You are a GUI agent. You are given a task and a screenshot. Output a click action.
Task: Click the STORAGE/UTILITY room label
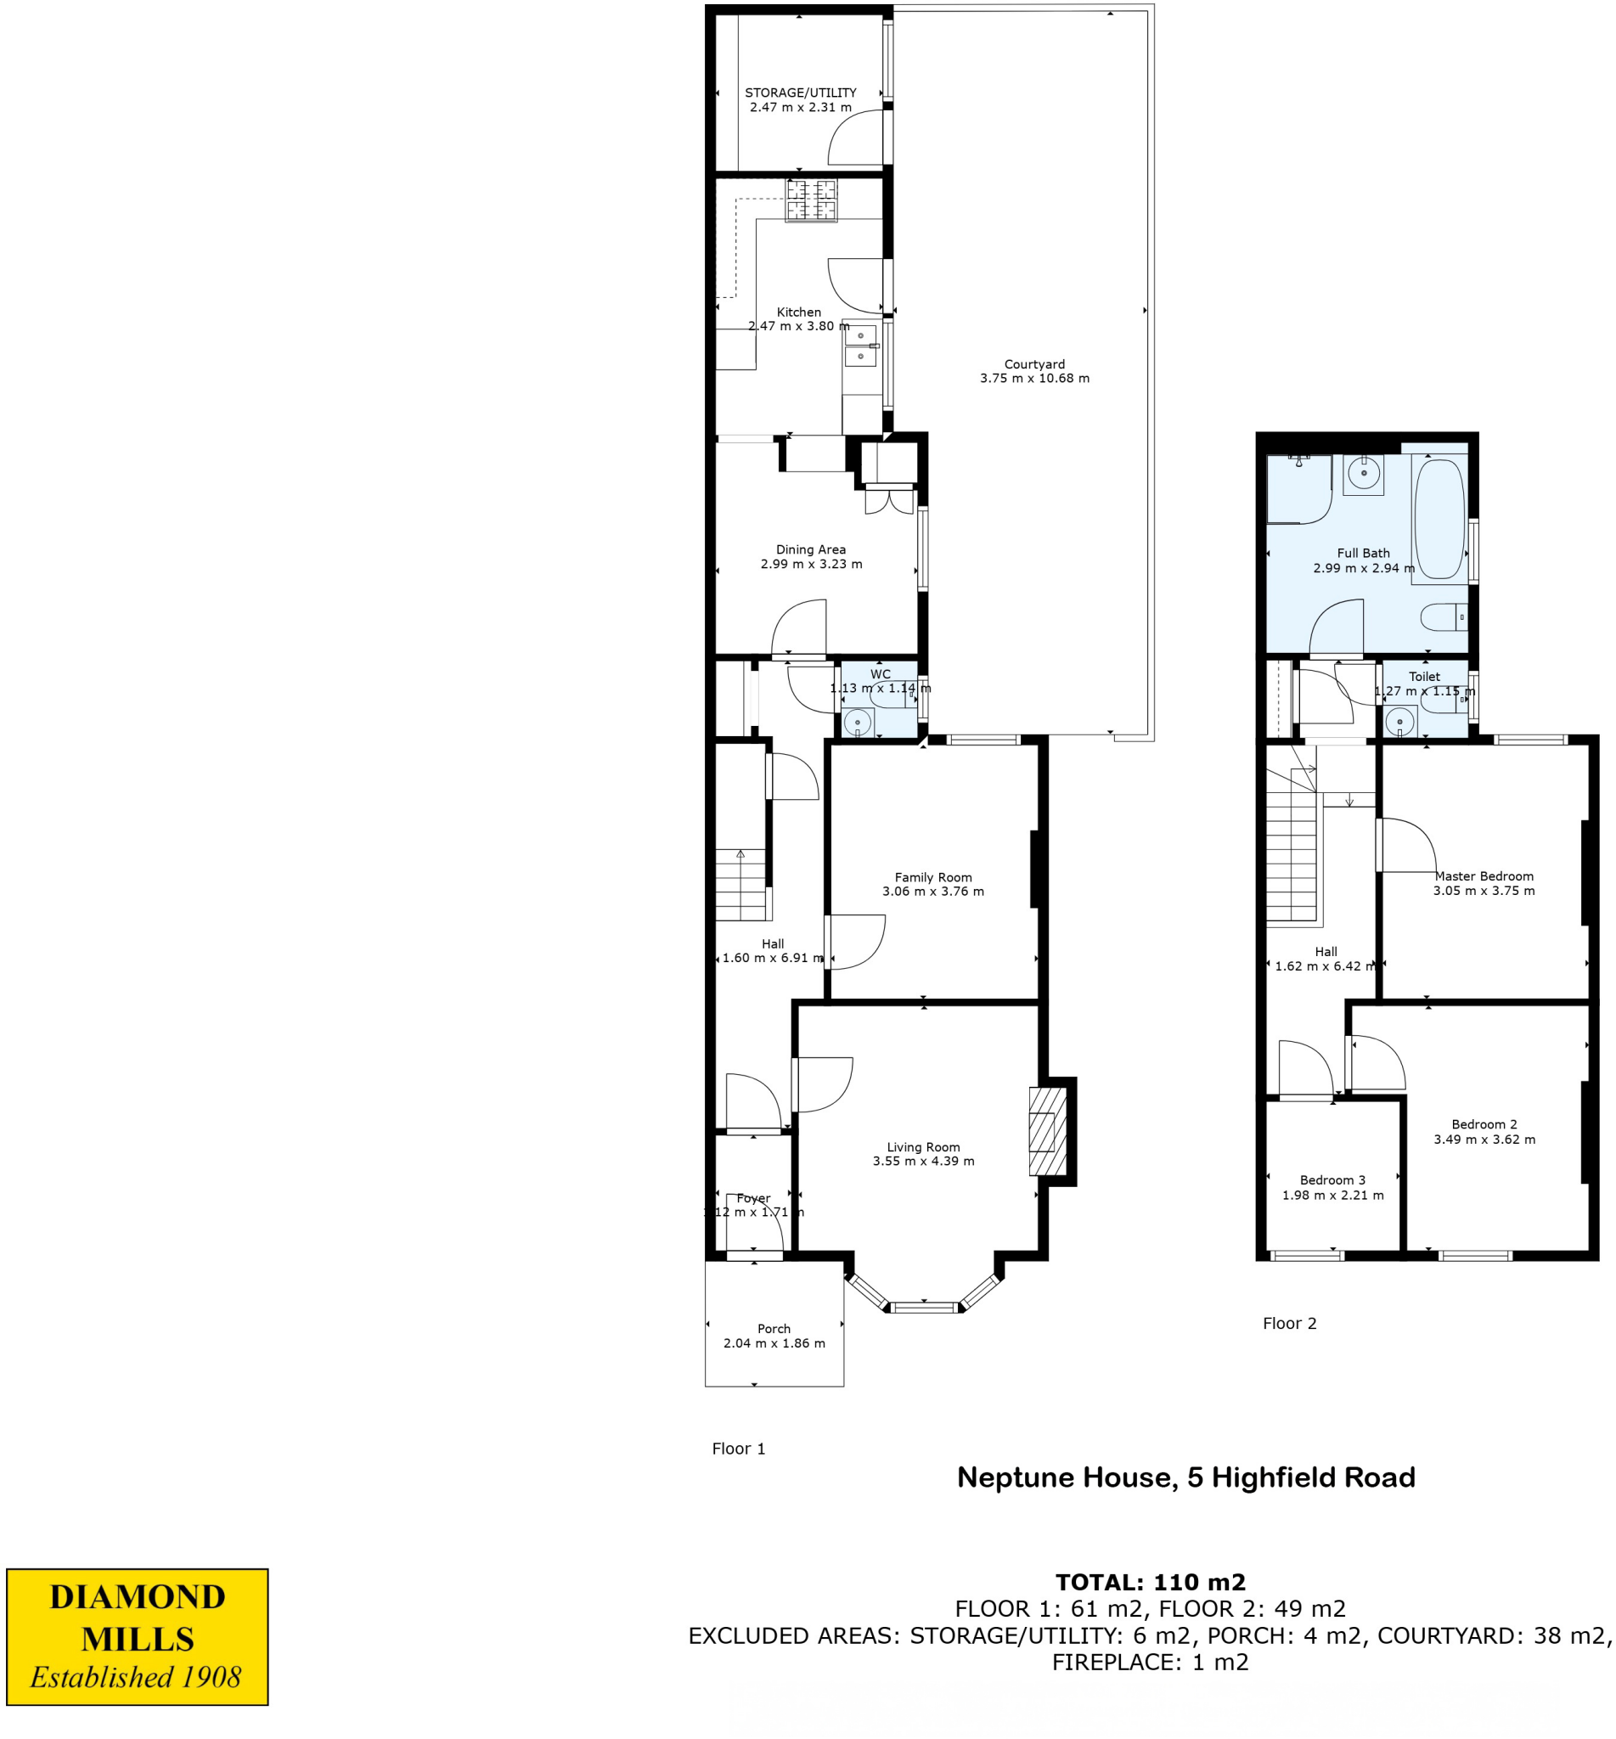800,93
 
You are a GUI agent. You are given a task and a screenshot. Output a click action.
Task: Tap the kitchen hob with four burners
811,200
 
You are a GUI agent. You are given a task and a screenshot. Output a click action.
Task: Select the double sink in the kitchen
861,346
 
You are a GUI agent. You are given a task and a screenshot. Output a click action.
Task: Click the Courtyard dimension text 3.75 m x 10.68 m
1034,379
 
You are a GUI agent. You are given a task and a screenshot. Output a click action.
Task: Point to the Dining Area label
811,550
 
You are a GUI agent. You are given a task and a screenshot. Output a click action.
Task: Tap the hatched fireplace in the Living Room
1048,1131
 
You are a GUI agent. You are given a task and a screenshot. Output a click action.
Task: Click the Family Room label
933,878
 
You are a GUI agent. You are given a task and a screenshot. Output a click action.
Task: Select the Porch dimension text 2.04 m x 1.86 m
774,1343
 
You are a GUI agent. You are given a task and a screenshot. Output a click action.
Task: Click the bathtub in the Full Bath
1439,521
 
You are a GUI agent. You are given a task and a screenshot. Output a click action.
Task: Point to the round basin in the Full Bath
1363,474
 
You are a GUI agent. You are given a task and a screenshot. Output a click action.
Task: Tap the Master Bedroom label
1484,876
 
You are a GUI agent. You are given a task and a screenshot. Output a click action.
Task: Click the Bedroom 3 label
1332,1180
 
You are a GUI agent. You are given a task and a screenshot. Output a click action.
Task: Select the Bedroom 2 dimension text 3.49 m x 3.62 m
1484,1140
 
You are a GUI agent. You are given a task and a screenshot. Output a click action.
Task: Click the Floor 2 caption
1289,1324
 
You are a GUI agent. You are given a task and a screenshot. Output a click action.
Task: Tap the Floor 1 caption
738,1449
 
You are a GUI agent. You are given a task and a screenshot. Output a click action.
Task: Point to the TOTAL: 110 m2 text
1150,1583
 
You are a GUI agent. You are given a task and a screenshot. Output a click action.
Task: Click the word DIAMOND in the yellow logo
138,1597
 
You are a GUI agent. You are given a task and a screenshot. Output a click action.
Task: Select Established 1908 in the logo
136,1677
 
